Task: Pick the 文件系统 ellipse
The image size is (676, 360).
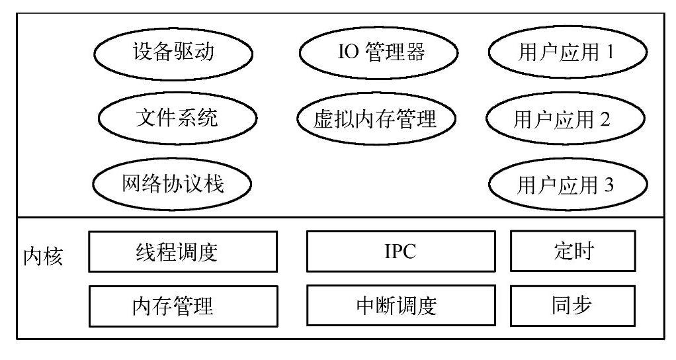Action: pos(177,119)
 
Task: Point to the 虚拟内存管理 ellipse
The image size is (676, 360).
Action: pos(376,119)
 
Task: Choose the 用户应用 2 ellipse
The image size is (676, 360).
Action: pos(565,119)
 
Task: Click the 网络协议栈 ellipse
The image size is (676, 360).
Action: pos(173,183)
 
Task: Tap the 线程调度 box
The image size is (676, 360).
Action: pos(183,251)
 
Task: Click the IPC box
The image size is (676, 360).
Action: pos(401,251)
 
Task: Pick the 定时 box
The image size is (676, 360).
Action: pos(573,251)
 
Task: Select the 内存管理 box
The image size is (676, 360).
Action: pos(183,306)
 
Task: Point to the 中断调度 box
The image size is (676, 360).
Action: pos(401,306)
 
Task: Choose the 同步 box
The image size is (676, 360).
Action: pos(573,305)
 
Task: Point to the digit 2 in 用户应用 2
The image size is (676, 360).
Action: pos(604,119)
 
